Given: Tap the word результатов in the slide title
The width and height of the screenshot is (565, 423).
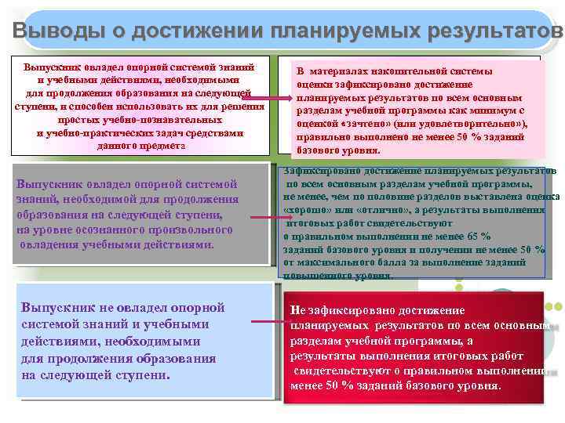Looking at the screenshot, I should point(495,30).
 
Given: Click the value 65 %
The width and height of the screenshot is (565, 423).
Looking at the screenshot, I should point(475,236).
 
